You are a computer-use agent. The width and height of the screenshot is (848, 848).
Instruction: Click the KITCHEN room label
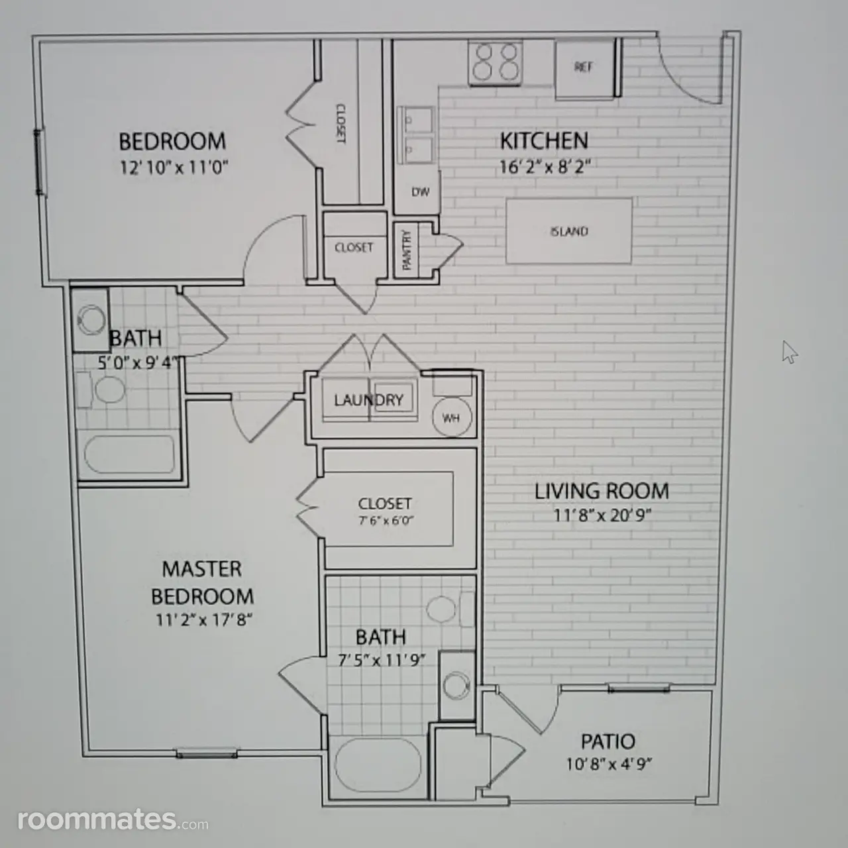pyautogui.click(x=544, y=141)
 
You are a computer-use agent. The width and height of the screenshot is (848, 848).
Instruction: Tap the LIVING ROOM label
pyautogui.click(x=602, y=491)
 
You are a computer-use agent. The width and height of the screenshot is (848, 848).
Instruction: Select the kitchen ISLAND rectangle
pyautogui.click(x=569, y=231)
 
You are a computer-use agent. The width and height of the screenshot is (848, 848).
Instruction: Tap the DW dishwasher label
pyautogui.click(x=420, y=192)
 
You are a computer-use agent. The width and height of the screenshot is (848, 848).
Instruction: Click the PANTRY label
pyautogui.click(x=407, y=250)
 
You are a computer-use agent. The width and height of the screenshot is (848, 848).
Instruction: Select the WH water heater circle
pyautogui.click(x=452, y=417)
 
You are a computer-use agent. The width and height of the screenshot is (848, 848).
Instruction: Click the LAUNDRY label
pyautogui.click(x=369, y=399)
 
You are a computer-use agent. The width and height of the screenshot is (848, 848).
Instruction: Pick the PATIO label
pyautogui.click(x=608, y=741)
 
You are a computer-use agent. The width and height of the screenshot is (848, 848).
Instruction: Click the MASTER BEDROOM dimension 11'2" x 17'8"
pyautogui.click(x=204, y=620)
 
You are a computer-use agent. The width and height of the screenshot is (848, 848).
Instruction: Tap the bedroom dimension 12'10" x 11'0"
pyautogui.click(x=174, y=167)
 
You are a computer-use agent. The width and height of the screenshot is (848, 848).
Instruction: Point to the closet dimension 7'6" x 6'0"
pyautogui.click(x=386, y=521)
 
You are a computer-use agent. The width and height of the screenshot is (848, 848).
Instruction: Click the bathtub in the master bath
pyautogui.click(x=378, y=765)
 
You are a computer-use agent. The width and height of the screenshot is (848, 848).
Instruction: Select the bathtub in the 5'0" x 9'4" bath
pyautogui.click(x=129, y=454)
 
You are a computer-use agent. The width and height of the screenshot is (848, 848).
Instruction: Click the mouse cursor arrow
pyautogui.click(x=790, y=352)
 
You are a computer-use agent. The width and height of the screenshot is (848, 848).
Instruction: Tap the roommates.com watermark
pyautogui.click(x=113, y=820)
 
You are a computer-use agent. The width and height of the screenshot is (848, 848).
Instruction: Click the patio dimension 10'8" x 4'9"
pyautogui.click(x=609, y=765)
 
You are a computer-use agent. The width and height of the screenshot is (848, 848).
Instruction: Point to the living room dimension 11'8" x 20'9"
pyautogui.click(x=602, y=515)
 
